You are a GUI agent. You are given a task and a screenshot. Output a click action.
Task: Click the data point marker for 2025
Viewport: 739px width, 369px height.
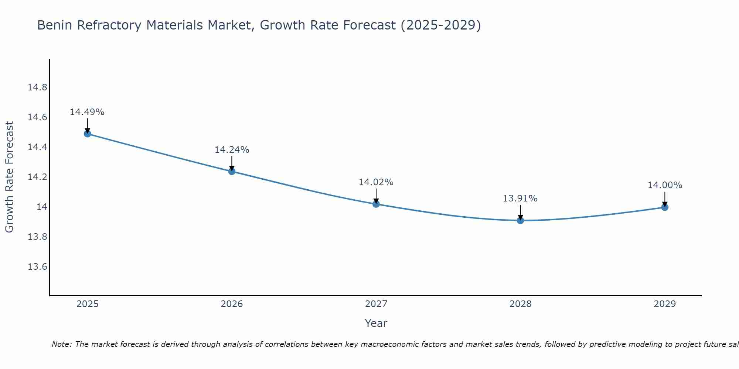(x=87, y=134)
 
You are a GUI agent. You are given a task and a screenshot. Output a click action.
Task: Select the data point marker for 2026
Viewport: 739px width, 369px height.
(x=232, y=171)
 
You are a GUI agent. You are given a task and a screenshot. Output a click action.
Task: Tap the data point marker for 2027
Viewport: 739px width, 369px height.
(x=376, y=204)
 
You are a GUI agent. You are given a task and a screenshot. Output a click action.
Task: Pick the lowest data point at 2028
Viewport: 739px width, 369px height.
(x=520, y=221)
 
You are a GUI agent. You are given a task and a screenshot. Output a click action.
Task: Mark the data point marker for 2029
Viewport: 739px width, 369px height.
(x=665, y=207)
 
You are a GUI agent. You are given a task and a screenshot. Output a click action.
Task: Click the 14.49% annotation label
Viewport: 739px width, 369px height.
(x=87, y=112)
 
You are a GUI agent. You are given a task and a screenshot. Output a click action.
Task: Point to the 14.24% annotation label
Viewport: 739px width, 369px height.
(x=232, y=150)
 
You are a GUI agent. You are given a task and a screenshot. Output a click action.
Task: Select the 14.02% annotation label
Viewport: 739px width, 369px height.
(x=376, y=182)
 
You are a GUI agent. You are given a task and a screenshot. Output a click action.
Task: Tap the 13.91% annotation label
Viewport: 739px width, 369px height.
(x=520, y=199)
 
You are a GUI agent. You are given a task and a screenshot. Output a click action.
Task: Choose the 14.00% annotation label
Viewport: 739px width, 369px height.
(x=665, y=185)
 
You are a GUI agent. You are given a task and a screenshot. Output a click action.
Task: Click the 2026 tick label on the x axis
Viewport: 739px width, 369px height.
(x=232, y=304)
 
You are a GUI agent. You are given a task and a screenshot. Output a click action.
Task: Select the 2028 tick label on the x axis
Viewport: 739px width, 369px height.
(x=520, y=304)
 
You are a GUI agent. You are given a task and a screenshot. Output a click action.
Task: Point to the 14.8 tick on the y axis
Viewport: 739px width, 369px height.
(x=37, y=87)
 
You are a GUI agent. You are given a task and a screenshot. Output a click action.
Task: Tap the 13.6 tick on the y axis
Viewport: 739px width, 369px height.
(x=37, y=266)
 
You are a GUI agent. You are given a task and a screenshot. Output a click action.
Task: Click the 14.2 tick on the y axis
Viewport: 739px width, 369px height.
(x=37, y=177)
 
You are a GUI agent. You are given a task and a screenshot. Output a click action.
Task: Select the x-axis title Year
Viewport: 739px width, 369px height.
(x=376, y=323)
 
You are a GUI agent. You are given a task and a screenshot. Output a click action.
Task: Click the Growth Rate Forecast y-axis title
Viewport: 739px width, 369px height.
(x=9, y=177)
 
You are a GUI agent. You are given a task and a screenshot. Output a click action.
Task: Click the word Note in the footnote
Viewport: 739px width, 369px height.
(x=61, y=344)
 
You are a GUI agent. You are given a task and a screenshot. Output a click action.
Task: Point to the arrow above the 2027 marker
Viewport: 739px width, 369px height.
(x=376, y=196)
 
